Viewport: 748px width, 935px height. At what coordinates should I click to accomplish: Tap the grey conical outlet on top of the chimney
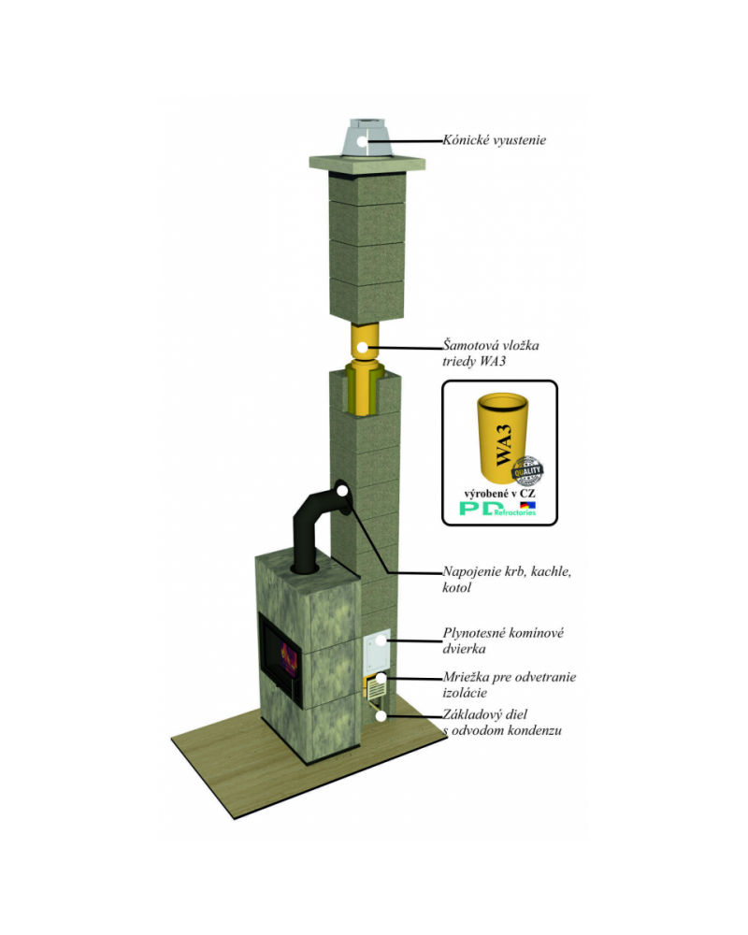[366, 139]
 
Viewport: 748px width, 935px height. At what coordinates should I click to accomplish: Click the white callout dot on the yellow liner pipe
[363, 347]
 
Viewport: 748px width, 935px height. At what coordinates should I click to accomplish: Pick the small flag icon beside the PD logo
[527, 505]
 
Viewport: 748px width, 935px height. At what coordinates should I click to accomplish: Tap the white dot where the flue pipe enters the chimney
[342, 488]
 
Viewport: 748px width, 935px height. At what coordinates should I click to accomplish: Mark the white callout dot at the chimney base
[381, 716]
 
